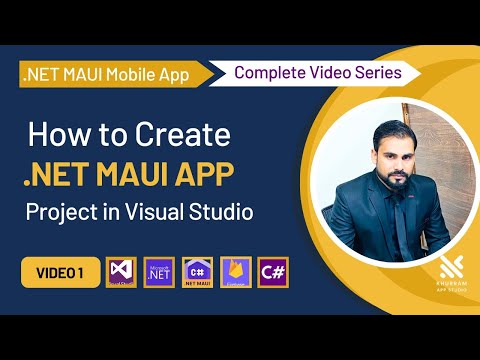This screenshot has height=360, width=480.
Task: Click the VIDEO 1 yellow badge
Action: pos(58,271)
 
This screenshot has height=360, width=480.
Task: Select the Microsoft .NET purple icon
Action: pos(159,271)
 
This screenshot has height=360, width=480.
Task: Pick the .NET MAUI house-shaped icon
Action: pos(198,271)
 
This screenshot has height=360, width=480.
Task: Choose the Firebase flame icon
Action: pos(236,271)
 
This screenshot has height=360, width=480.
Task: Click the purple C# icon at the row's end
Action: pos(273,271)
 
